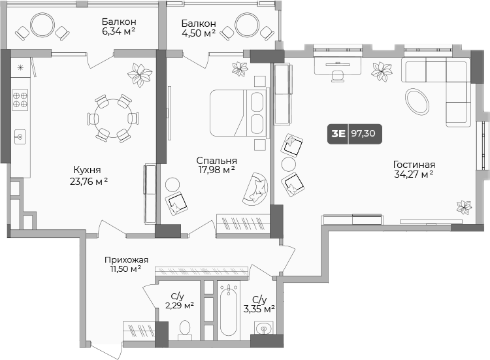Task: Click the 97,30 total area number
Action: pyautogui.click(x=363, y=133)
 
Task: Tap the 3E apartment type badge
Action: pyautogui.click(x=338, y=134)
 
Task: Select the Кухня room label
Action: pyautogui.click(x=87, y=170)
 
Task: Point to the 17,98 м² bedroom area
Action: pyautogui.click(x=216, y=170)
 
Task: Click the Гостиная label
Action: pyautogui.click(x=414, y=165)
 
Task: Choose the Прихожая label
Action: pyautogui.click(x=126, y=259)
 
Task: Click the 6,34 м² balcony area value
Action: pyautogui.click(x=118, y=31)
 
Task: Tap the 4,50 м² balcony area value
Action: pyautogui.click(x=199, y=33)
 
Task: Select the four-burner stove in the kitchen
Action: pyautogui.click(x=20, y=100)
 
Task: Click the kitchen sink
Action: pyautogui.click(x=20, y=137)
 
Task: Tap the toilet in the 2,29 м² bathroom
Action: pyautogui.click(x=185, y=330)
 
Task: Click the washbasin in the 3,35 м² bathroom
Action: pyautogui.click(x=264, y=328)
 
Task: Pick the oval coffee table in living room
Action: pyautogui.click(x=417, y=101)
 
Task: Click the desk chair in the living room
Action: pyautogui.click(x=338, y=76)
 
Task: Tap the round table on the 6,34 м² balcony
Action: pyautogui.click(x=42, y=25)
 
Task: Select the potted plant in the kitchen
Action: pyautogui.click(x=140, y=75)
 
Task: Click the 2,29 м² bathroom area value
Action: pyautogui.click(x=180, y=305)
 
